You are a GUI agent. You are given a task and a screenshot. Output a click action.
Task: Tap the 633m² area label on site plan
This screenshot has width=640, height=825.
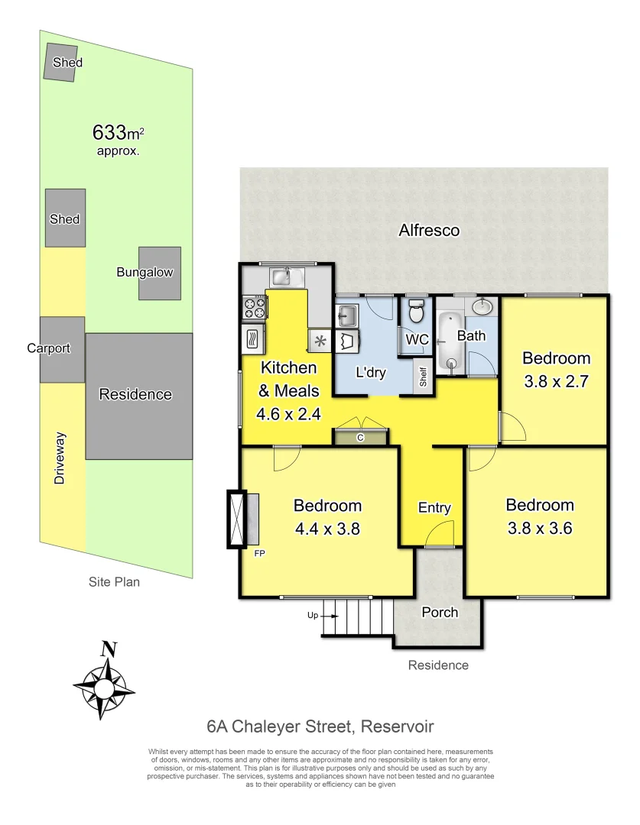(118, 133)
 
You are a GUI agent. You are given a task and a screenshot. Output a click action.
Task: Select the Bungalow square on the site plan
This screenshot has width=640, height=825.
(160, 273)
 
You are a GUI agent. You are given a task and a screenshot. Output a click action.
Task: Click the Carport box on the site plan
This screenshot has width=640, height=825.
(62, 349)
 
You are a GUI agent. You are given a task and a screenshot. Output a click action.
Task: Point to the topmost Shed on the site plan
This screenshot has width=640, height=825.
(63, 62)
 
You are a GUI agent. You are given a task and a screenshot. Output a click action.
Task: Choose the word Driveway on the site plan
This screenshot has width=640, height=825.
(60, 458)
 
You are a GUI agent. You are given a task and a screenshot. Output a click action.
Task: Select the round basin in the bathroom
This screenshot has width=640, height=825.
(482, 308)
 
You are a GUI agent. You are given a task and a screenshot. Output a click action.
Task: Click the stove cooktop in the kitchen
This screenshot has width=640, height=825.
(254, 307)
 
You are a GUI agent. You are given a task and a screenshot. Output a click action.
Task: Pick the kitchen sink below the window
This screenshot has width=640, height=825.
(283, 276)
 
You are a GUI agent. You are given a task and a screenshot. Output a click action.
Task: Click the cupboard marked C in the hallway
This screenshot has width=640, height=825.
(361, 437)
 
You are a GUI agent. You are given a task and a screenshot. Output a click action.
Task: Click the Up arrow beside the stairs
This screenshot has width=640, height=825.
(312, 615)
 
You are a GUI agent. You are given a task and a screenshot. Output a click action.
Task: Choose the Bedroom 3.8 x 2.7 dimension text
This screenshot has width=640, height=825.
(556, 380)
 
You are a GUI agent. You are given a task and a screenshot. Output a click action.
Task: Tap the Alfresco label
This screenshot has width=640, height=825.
(429, 230)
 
